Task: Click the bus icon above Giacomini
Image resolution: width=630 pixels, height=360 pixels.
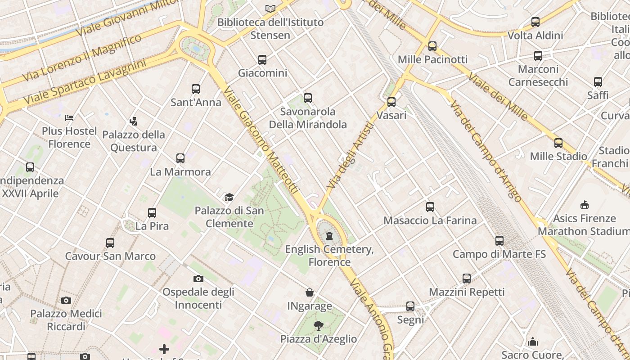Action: click(x=262, y=59)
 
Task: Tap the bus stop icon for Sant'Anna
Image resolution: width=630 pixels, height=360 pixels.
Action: click(x=196, y=89)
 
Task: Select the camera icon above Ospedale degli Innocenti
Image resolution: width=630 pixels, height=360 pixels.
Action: click(x=198, y=279)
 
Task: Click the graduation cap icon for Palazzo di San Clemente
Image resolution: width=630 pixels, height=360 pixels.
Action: click(x=229, y=197)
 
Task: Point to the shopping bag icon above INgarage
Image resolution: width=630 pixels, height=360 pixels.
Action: click(x=310, y=292)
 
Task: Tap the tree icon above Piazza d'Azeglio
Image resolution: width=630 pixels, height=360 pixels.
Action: click(x=319, y=325)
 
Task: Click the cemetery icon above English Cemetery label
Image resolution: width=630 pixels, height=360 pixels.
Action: click(x=330, y=235)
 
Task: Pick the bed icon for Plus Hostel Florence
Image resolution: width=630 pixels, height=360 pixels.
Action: click(x=69, y=118)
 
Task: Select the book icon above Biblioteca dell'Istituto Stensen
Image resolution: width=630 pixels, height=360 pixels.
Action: click(x=270, y=9)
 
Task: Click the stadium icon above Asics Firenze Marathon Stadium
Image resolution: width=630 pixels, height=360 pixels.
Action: click(x=584, y=205)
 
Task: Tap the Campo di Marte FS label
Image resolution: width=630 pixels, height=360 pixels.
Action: click(x=499, y=254)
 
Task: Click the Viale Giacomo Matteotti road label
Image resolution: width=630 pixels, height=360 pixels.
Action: click(x=261, y=139)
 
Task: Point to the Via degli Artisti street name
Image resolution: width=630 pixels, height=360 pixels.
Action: click(x=351, y=155)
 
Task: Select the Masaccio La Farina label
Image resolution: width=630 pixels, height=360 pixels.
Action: click(x=430, y=220)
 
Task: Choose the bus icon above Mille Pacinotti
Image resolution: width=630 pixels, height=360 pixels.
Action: click(x=432, y=46)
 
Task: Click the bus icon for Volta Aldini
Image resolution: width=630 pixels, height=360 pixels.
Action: click(x=535, y=22)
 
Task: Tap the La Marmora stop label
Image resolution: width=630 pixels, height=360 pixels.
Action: click(x=180, y=172)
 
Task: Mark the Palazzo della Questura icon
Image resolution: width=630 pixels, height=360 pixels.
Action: click(x=133, y=121)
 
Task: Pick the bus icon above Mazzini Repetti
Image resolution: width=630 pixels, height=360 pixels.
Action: click(x=467, y=279)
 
